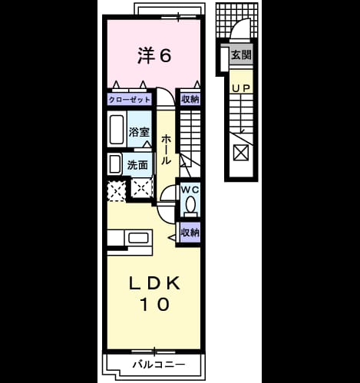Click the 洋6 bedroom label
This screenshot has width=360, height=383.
[x=154, y=55]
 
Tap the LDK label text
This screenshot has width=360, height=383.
[x=154, y=284]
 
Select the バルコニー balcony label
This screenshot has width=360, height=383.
[x=159, y=365]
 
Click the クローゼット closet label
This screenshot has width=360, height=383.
[x=130, y=100]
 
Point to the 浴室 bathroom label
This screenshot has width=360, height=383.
[x=139, y=132]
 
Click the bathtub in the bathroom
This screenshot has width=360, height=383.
[x=117, y=129]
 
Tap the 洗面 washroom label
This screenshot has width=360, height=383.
[x=137, y=165]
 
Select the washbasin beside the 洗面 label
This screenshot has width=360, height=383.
[x=115, y=164]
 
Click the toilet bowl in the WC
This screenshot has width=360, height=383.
[x=190, y=204]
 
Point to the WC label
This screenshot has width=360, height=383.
[x=190, y=190]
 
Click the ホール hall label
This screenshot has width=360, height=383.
[x=166, y=150]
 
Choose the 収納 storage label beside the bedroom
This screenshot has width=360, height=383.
[x=190, y=99]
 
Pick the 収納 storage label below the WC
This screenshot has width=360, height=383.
[x=190, y=233]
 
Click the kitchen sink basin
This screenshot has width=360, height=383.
[x=138, y=238]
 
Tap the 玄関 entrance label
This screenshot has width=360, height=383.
[x=241, y=54]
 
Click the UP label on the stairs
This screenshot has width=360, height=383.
[x=241, y=88]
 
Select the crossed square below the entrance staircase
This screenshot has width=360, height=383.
[x=241, y=152]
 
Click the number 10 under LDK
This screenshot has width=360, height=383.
[x=154, y=304]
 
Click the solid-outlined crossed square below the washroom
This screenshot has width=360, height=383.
[x=141, y=188]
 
